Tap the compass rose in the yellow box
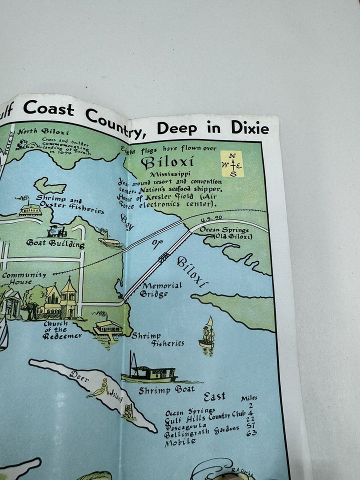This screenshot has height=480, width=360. click(x=233, y=164)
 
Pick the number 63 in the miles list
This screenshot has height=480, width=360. click(x=251, y=433)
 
